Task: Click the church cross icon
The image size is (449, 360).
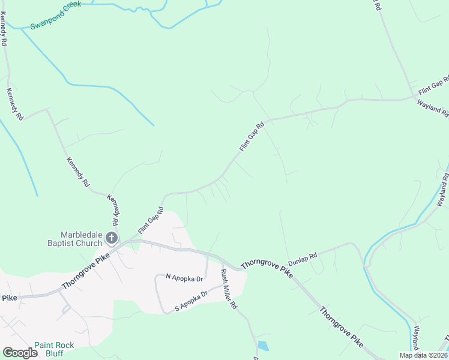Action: [x=112, y=238]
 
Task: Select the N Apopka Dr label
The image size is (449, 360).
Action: [x=185, y=278]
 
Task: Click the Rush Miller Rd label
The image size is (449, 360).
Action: [x=229, y=289]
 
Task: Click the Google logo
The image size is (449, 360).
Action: [x=20, y=353]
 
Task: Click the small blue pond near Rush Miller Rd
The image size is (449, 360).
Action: [x=263, y=346]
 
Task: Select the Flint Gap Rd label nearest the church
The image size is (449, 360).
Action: [x=151, y=220]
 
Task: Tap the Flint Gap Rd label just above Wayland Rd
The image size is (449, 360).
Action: [x=434, y=86]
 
